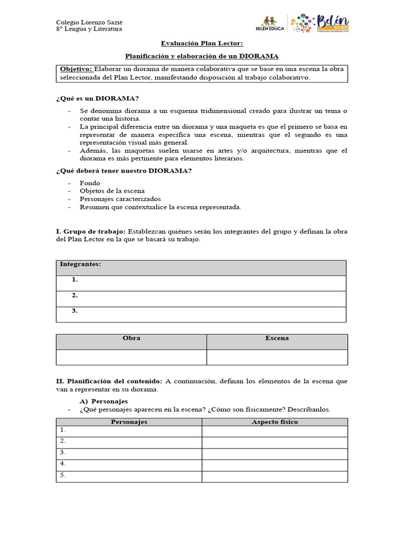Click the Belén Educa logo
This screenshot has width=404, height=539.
(269, 24)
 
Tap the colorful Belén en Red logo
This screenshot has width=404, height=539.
(319, 24)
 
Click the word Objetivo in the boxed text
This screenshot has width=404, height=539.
(76, 69)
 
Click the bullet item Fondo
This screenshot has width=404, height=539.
(90, 183)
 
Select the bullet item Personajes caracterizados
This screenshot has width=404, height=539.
(120, 199)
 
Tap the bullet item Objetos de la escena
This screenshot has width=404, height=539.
(112, 191)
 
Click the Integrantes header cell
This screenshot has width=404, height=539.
(80, 264)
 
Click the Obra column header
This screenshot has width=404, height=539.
(131, 338)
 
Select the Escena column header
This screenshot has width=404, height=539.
(277, 338)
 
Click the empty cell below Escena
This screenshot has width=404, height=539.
(277, 357)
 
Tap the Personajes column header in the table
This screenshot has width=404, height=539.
(129, 422)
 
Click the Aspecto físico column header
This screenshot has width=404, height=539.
(275, 422)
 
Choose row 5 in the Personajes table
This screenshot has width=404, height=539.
(129, 475)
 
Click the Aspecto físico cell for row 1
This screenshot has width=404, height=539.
(275, 431)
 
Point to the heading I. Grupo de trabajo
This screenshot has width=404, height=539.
(90, 232)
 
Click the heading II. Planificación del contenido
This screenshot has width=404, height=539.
(109, 381)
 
